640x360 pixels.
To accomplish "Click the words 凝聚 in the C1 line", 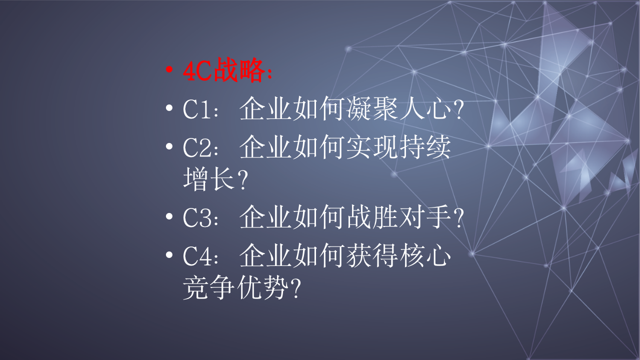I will pyautogui.click(x=372, y=109).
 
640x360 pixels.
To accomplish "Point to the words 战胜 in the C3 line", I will pyautogui.click(x=372, y=218).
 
